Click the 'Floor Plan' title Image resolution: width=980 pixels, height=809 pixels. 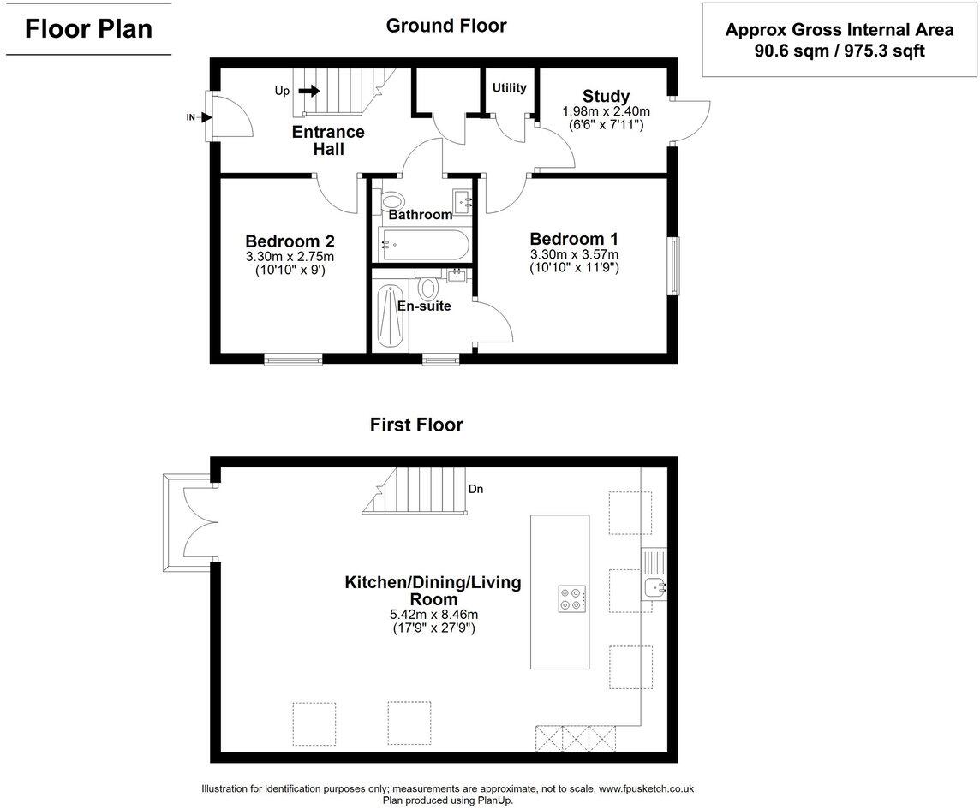(x=88, y=28)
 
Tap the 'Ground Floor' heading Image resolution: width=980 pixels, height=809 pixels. (x=445, y=26)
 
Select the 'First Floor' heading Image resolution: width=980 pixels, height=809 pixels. (x=416, y=425)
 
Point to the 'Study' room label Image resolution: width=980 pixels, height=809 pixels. (x=606, y=96)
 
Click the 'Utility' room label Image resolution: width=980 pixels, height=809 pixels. (x=509, y=87)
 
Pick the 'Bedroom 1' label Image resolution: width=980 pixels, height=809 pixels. (x=573, y=239)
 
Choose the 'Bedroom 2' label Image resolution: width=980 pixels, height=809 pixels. (x=290, y=241)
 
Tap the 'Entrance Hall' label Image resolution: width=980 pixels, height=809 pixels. (x=328, y=140)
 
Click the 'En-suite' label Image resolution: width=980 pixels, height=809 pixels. (x=424, y=306)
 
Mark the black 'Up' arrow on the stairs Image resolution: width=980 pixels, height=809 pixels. (x=309, y=91)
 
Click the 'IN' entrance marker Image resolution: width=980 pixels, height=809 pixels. (x=192, y=117)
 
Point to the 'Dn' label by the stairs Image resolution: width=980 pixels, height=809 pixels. (x=476, y=490)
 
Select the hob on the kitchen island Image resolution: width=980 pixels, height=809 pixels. (x=571, y=598)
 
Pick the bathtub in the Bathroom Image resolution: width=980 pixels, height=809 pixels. (x=423, y=245)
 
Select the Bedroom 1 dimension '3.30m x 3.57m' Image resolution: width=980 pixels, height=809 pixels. (x=573, y=254)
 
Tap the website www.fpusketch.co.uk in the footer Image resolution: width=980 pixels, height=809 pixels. (x=646, y=788)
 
